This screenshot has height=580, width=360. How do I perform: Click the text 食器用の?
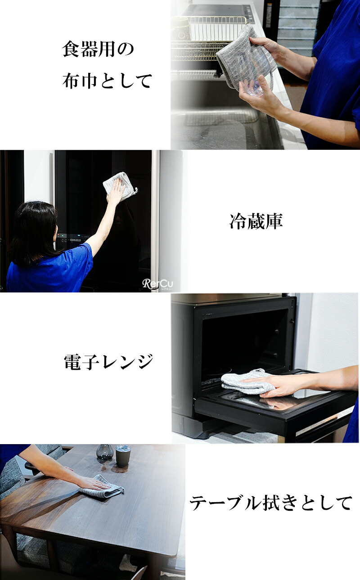(98, 49)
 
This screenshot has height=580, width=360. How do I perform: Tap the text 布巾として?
(107, 81)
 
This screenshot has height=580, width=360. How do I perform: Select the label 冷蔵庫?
(256, 221)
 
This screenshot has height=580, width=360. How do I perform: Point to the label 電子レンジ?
(108, 362)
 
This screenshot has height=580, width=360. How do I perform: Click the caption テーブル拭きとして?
(271, 503)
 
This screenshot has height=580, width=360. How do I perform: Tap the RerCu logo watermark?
(158, 284)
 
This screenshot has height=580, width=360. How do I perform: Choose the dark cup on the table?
(122, 457)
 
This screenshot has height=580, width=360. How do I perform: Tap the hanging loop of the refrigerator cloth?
(135, 191)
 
